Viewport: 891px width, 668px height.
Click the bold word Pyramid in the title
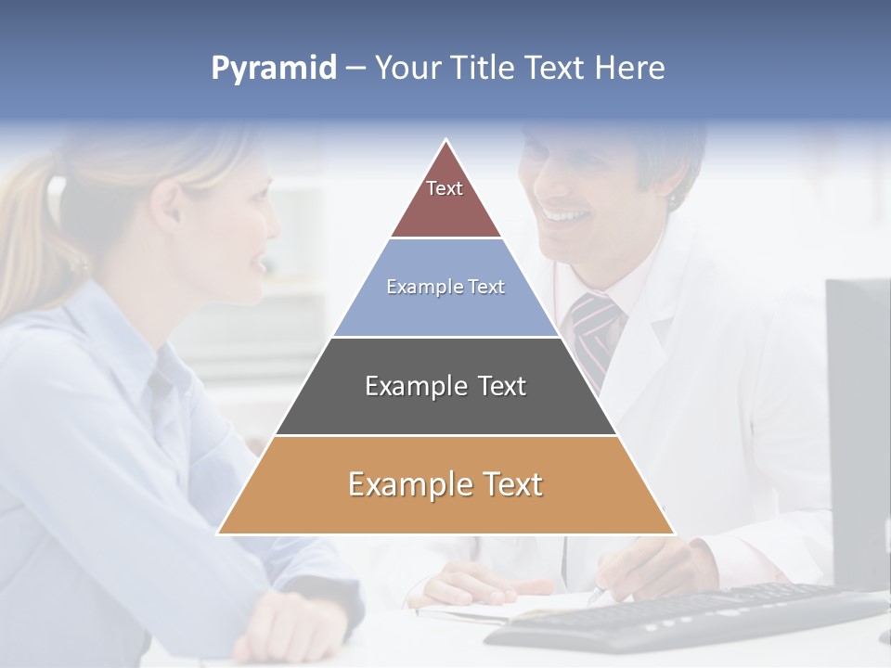[273, 69]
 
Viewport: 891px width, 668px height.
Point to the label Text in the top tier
[445, 188]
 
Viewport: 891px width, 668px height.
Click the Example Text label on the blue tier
[445, 287]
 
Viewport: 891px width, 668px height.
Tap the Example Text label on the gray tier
[445, 386]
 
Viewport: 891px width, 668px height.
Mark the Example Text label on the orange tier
[445, 484]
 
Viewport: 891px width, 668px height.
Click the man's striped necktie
[595, 329]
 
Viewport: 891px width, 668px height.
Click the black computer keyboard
[687, 617]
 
